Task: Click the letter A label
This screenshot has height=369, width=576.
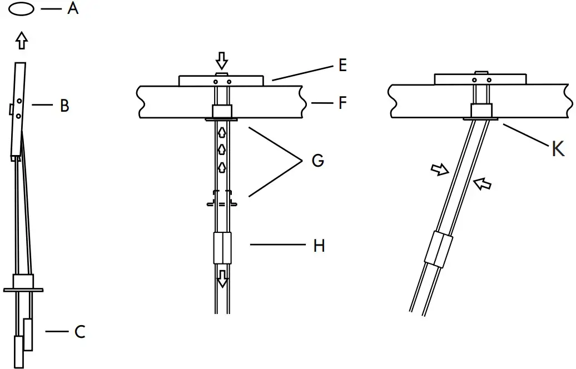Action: (73, 9)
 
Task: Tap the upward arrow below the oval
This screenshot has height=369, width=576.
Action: (22, 41)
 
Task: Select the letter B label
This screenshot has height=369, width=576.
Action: (64, 106)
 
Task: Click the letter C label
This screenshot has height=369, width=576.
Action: (80, 332)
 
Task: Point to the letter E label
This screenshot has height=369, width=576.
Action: (342, 65)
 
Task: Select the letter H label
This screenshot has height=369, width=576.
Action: (319, 245)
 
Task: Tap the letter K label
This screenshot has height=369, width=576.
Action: (558, 148)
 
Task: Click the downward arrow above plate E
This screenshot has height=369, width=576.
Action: (222, 60)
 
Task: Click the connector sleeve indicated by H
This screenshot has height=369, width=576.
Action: (222, 248)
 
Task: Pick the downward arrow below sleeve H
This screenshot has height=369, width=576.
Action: (222, 278)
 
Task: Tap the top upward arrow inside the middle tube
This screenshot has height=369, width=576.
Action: (222, 132)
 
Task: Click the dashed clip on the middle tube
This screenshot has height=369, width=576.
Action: (222, 200)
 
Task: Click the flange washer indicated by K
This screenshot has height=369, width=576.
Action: (481, 118)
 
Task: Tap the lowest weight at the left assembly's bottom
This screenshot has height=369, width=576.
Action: (19, 351)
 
